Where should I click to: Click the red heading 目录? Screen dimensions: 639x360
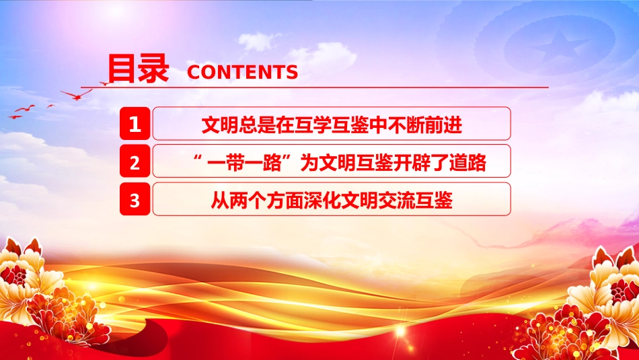(138, 69)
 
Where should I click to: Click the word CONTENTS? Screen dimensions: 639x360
(242, 72)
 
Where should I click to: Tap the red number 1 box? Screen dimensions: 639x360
(135, 124)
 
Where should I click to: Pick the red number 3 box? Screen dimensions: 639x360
(135, 199)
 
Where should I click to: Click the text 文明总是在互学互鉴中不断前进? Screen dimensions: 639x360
(332, 124)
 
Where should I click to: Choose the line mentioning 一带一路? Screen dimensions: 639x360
(340, 162)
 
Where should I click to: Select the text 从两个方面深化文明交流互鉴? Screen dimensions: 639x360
(332, 200)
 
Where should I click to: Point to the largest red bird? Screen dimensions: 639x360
(77, 95)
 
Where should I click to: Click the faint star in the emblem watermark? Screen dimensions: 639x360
(561, 45)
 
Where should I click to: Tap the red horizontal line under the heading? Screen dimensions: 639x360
(315, 87)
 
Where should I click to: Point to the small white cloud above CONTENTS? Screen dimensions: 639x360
(257, 41)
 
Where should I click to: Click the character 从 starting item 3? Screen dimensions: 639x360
(220, 200)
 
